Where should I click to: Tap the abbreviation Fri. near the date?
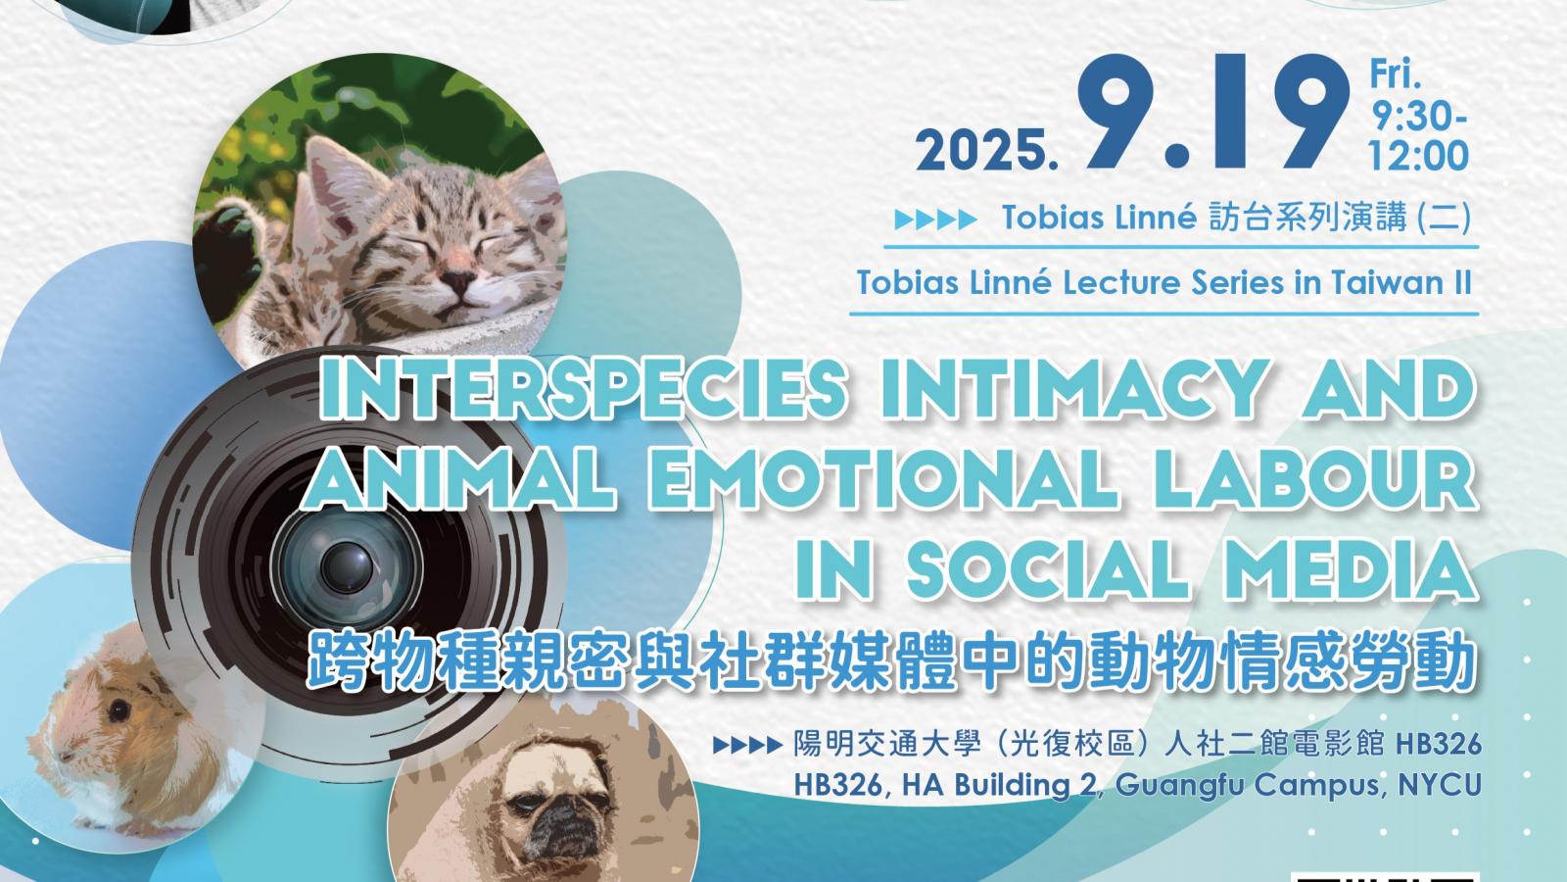1396,74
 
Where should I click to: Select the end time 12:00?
1418,156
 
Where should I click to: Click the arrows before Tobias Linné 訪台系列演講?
934,220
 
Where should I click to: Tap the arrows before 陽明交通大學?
747,746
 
